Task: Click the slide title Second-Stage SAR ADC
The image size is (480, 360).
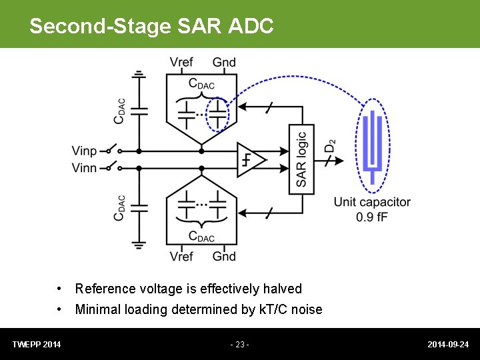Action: point(151,26)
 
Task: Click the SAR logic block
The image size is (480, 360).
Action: point(301,159)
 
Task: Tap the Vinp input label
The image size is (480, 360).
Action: point(84,151)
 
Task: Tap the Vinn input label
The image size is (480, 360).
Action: point(84,168)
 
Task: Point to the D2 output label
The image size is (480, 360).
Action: point(329,147)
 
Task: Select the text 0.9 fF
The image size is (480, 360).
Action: point(372,217)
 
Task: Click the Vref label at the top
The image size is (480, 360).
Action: point(181,63)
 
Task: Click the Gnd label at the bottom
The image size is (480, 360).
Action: point(224,257)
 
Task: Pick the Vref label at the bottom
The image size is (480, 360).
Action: point(181,257)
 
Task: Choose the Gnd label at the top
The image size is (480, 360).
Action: point(224,63)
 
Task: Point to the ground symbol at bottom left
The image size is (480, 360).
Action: point(139,244)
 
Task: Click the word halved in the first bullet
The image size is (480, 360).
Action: point(282,289)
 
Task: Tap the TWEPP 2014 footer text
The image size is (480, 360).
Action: point(37,345)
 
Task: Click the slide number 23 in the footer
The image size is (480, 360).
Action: point(239,345)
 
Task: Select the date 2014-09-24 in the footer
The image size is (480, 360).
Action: point(448,345)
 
